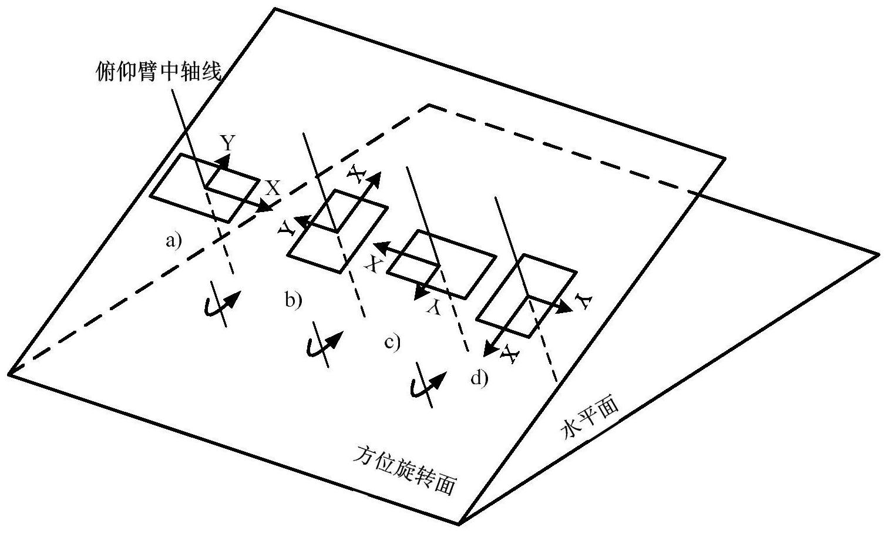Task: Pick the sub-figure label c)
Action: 392,341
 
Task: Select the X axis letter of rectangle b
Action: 356,172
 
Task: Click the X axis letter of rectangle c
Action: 371,264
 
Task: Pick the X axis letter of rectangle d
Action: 509,354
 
